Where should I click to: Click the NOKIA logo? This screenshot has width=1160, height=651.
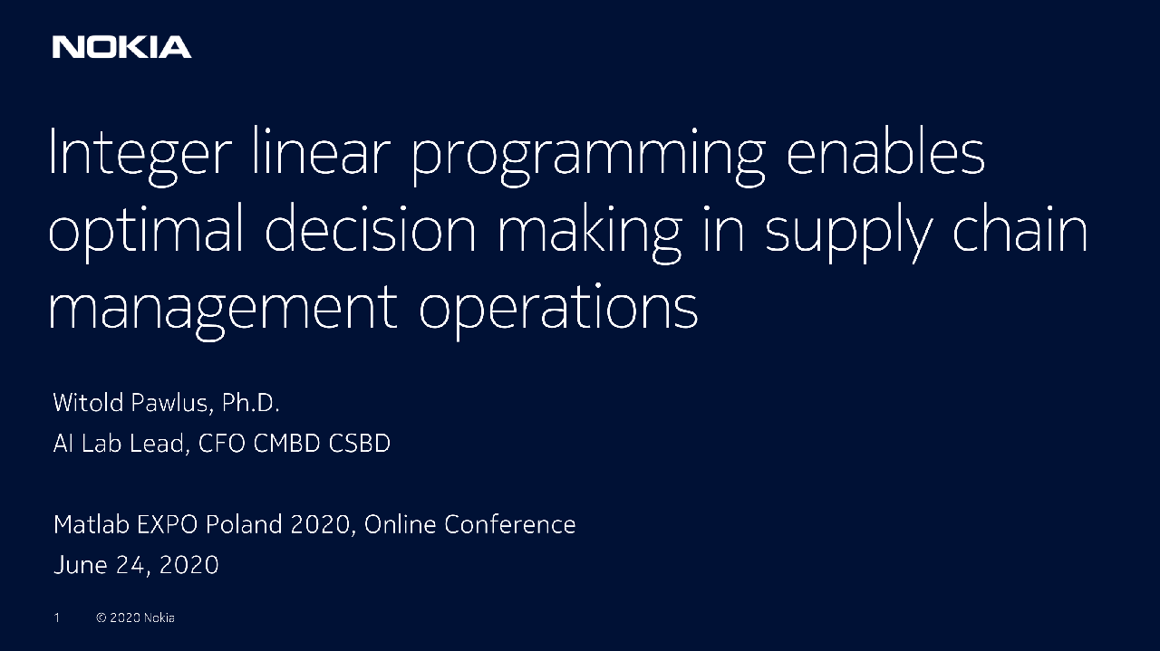tap(121, 47)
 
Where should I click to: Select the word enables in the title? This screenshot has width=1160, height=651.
tap(884, 152)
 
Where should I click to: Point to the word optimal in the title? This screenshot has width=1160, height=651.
tap(146, 232)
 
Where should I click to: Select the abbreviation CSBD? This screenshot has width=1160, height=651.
tap(360, 445)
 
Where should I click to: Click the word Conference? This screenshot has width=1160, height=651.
tap(509, 524)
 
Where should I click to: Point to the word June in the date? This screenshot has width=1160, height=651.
tap(79, 566)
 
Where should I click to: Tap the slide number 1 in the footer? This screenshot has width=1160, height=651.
tap(56, 617)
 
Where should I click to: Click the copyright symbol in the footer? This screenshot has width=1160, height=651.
tap(101, 617)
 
